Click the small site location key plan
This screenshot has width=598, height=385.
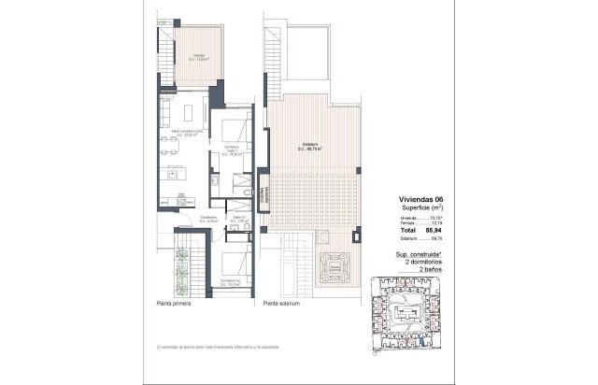pos(402,312)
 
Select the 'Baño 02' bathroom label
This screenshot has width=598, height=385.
pos(238,220)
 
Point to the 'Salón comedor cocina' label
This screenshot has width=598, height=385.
pos(183,134)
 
